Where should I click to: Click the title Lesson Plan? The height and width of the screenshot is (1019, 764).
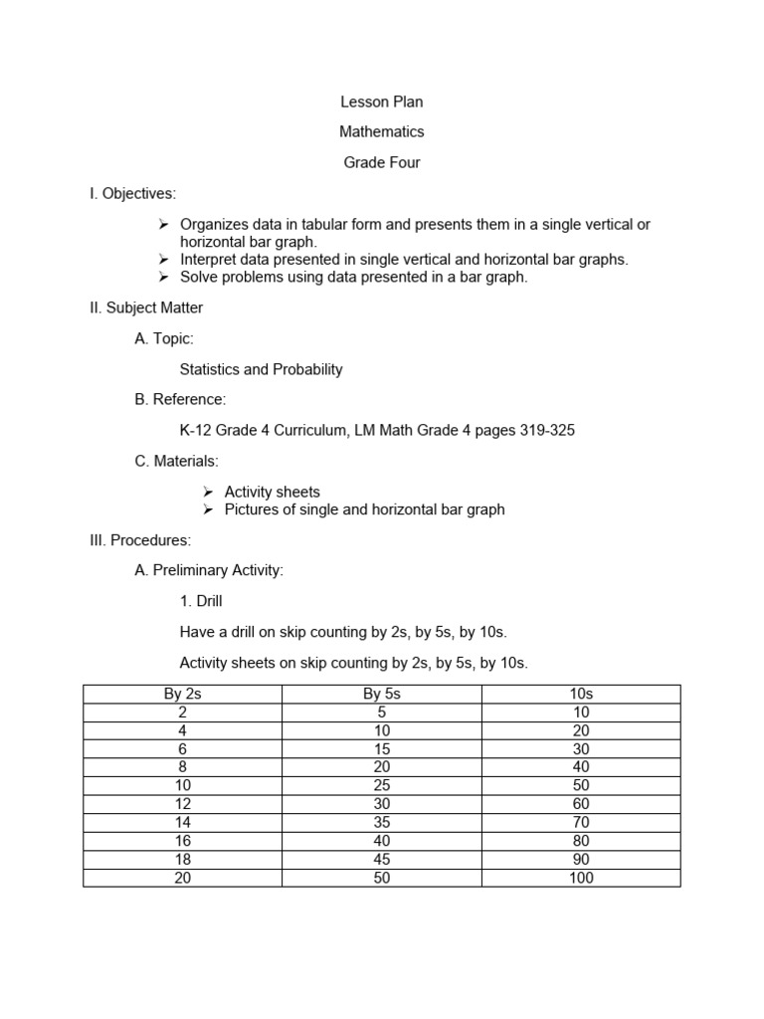(382, 102)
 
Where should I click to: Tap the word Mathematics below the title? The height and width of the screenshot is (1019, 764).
(382, 131)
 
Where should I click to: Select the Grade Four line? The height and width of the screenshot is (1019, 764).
(382, 162)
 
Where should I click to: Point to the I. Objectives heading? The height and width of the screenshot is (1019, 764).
(132, 193)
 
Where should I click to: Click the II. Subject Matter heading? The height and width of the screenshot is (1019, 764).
(146, 308)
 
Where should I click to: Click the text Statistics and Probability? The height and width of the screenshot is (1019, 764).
(261, 369)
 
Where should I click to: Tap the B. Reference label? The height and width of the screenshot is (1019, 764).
(180, 400)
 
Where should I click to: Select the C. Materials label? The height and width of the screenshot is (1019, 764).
(176, 461)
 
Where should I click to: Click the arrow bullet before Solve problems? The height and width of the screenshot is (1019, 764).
(165, 278)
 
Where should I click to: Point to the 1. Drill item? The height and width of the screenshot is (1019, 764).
(208, 601)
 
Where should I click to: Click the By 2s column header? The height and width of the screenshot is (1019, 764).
(182, 694)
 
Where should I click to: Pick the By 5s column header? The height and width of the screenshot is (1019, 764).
(382, 694)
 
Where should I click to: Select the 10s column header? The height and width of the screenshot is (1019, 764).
(581, 694)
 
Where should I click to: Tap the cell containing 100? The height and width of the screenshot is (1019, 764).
(581, 878)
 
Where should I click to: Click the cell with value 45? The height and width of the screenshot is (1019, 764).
(382, 860)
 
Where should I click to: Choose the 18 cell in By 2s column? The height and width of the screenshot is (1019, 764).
(182, 860)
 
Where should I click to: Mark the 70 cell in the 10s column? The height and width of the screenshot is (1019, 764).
(581, 823)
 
